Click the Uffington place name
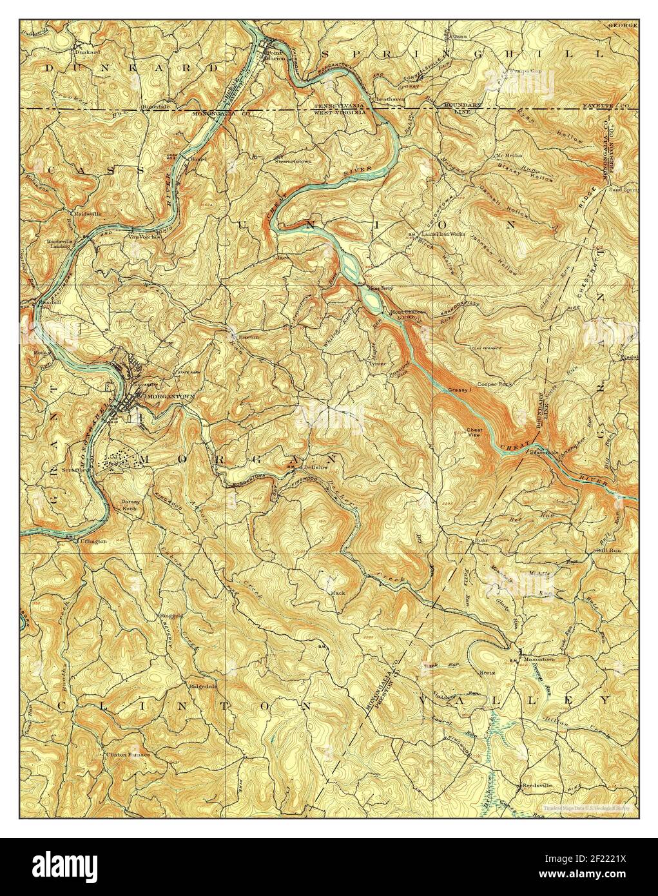(x=93, y=541)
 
